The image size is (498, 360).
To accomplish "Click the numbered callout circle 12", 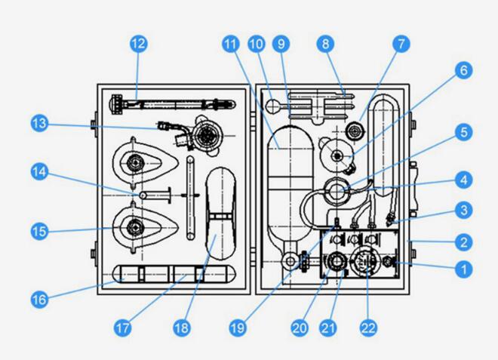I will pos(137,45).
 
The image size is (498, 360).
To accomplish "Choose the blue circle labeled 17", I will pos(124,328).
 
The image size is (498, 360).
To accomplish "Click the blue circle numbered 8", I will pos(326,45).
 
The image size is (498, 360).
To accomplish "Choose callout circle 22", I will pos(368,328).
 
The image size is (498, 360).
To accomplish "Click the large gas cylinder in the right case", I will pos(286,189).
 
